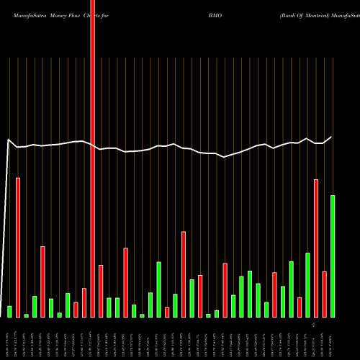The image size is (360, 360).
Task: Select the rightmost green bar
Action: [333, 256]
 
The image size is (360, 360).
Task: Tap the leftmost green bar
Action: [9, 311]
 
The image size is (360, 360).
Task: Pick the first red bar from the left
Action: [18, 247]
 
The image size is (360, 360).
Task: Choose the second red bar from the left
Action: [42, 282]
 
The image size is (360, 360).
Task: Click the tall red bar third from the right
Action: [316, 248]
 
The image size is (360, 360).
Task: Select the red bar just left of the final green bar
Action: [325, 294]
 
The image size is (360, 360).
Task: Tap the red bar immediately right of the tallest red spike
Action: [101, 291]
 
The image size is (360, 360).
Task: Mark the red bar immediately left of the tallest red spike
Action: [84, 302]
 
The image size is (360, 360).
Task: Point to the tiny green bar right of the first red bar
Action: [26, 315]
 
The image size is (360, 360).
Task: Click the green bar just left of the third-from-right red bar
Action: [307, 284]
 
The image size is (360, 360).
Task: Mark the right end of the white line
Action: [332, 137]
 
